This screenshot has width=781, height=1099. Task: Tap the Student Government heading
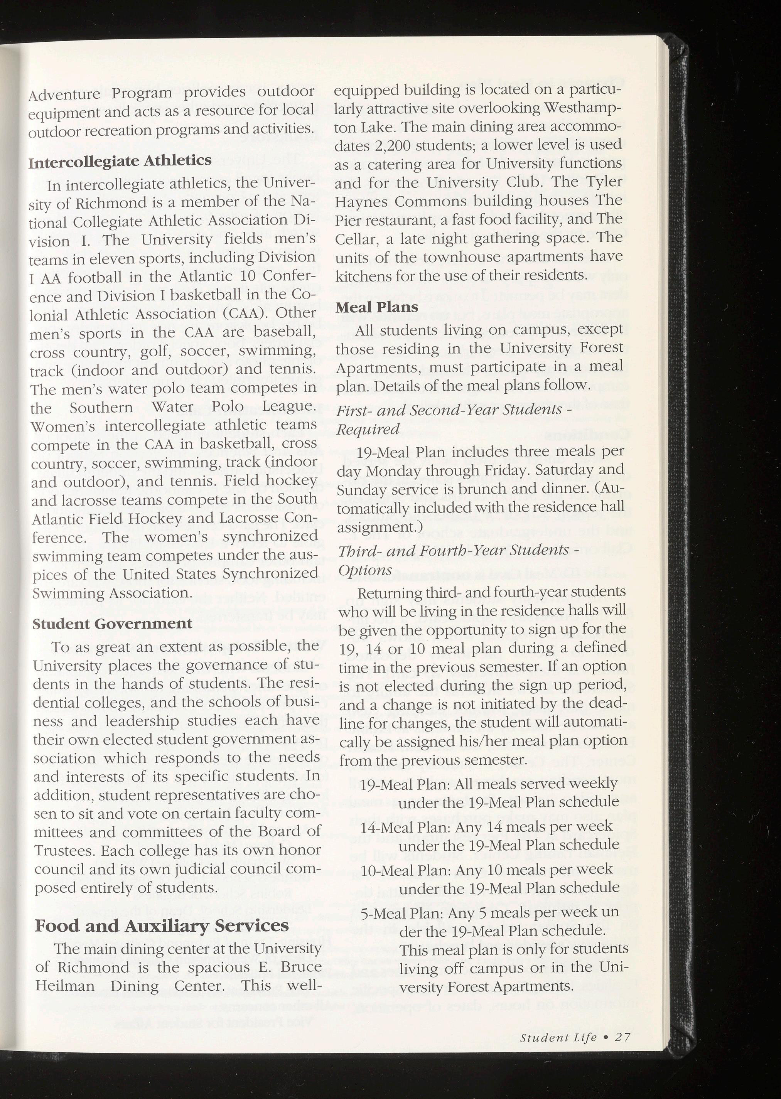tap(112, 624)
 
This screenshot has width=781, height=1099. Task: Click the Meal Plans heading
tap(371, 307)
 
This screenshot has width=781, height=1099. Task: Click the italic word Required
tap(368, 429)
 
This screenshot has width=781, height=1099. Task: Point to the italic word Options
tap(366, 570)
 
